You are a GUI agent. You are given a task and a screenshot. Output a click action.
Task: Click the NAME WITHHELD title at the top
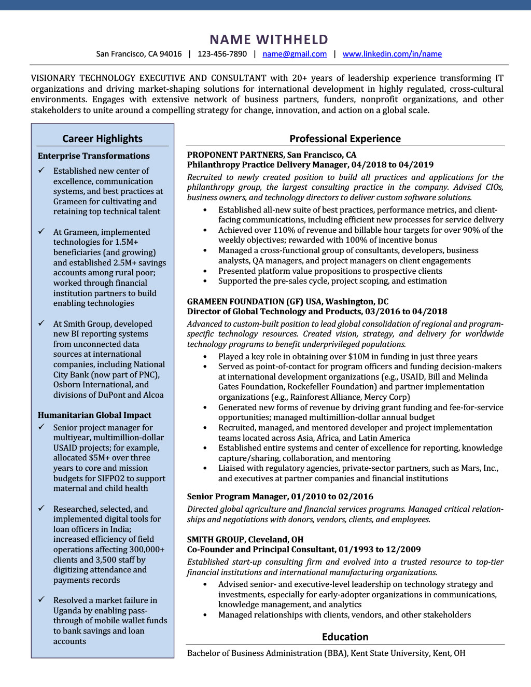coord(269,39)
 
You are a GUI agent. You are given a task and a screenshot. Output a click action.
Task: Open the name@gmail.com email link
coord(295,54)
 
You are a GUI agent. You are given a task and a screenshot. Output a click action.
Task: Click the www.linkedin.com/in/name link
coord(392,54)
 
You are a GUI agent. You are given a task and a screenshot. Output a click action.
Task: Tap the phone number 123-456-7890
coord(222,54)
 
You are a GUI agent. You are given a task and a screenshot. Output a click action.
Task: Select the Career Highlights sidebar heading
coord(102,138)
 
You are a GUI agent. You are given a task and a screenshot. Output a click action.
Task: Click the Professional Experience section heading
coord(345,138)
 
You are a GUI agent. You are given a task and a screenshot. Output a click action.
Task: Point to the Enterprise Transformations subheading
coord(93,156)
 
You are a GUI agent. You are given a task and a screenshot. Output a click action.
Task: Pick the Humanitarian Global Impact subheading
coord(94,415)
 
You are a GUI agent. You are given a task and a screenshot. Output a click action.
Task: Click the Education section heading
coord(345,637)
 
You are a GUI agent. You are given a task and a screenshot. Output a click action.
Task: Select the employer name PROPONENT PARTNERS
coord(235,155)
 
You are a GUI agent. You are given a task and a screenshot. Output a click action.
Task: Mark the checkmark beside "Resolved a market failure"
coord(41,599)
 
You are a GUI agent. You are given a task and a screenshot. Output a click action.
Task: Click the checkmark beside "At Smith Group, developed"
coord(41,323)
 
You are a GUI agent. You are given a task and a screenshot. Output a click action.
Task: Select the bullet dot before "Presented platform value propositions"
coord(205,271)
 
